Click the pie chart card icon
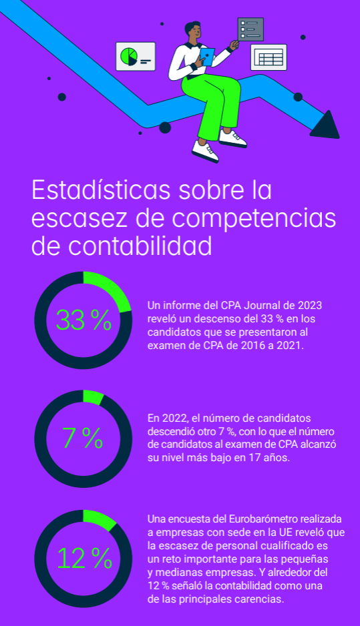coord(136,56)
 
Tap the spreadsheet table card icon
coord(268,57)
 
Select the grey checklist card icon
coord(250,29)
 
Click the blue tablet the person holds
coord(207,56)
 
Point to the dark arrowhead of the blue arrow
coord(326,125)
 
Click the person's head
coord(192,31)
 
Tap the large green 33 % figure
coord(83,320)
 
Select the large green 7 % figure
coord(83,438)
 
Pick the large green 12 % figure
coord(84,558)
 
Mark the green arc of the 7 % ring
coord(93,397)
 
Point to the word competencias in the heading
coord(254,219)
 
